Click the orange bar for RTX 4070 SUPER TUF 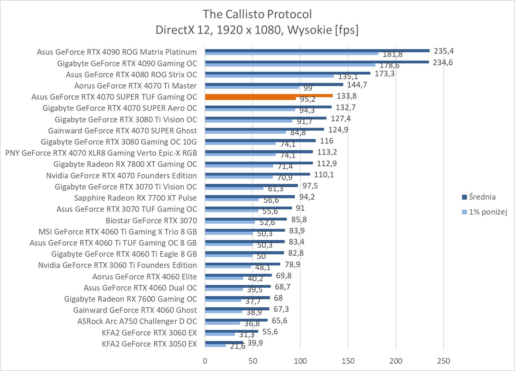click(x=268, y=95)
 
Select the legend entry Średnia click(x=482, y=197)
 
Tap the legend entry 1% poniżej click(x=487, y=212)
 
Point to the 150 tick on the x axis click(x=348, y=361)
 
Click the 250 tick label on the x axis click(x=443, y=361)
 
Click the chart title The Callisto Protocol click(x=257, y=14)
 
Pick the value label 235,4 click(x=444, y=51)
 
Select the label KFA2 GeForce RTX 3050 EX click(x=149, y=344)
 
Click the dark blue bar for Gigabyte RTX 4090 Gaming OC click(x=317, y=62)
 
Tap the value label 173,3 click(x=384, y=74)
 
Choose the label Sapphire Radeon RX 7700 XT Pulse click(x=135, y=198)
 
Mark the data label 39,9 click(x=255, y=343)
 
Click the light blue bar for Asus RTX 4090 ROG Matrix click(x=291, y=53)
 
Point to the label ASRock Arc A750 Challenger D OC click(x=137, y=321)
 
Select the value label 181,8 click(x=393, y=54)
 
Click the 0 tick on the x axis click(x=205, y=361)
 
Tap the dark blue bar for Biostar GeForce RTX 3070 click(x=246, y=219)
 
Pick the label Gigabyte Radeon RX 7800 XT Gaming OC click(x=125, y=164)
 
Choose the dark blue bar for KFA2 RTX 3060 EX click(x=231, y=331)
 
